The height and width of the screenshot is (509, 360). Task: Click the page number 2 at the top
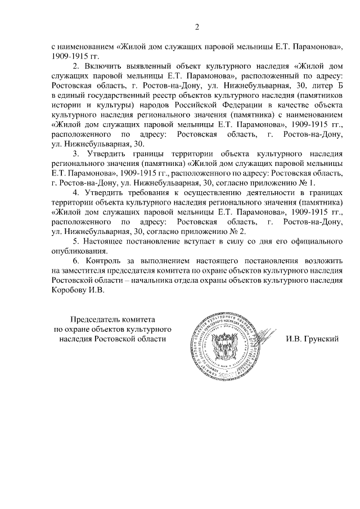[x=197, y=26]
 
